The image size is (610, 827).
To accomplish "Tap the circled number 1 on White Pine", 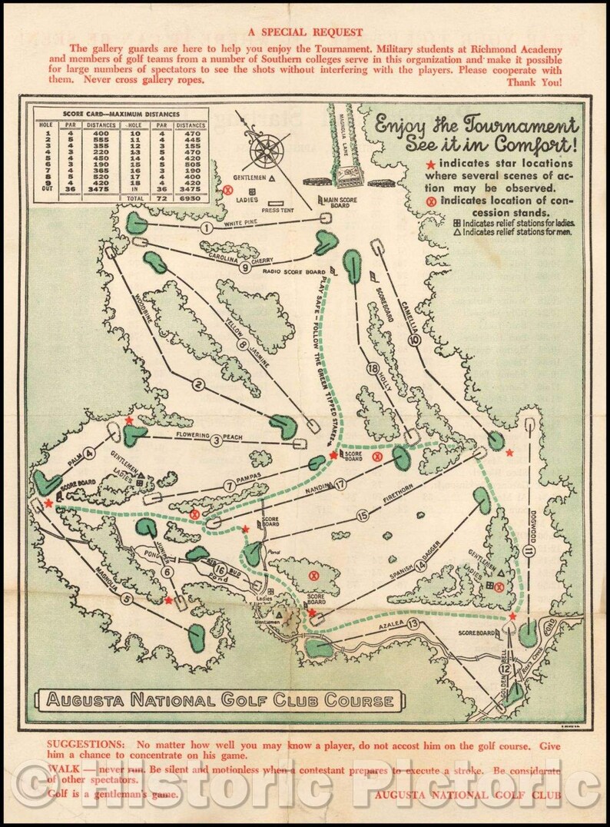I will [x=206, y=228].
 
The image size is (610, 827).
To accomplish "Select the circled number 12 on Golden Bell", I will [x=504, y=669].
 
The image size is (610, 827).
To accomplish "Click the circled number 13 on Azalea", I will [x=413, y=623].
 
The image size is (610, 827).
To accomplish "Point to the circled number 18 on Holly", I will [x=373, y=368].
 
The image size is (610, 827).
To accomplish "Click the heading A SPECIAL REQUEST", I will [x=306, y=33].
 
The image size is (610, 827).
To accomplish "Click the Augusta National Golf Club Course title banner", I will [x=221, y=700].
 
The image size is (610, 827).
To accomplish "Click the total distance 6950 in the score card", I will [x=191, y=198].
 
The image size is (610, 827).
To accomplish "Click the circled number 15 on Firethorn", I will [x=362, y=516].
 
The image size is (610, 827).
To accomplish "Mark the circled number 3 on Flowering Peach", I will [x=217, y=440].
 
